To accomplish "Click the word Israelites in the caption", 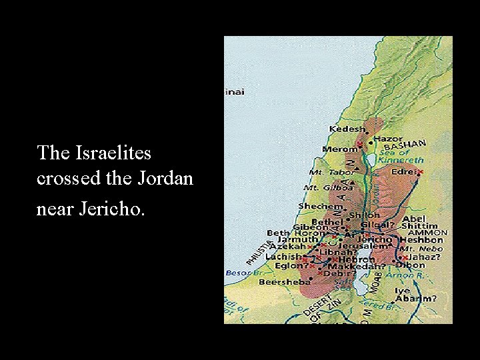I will [113, 153].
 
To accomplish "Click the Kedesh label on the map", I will [347, 129].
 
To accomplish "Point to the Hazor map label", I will [387, 139].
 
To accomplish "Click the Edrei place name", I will [403, 171].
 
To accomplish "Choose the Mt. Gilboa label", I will [323, 188].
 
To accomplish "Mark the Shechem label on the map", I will [319, 206].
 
